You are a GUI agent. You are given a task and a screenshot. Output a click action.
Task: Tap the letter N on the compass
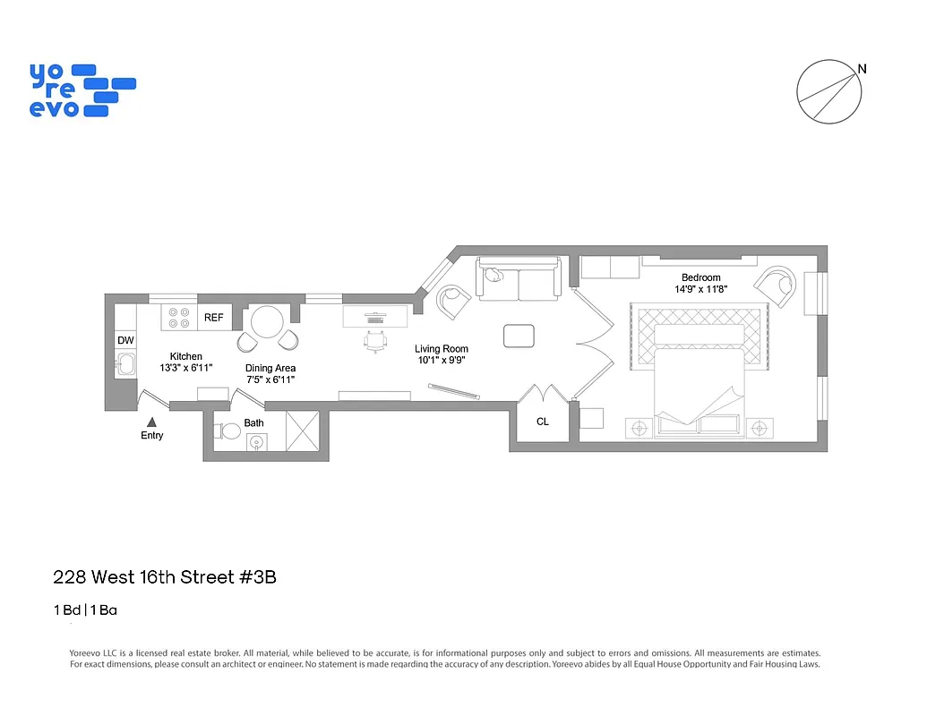pos(862,69)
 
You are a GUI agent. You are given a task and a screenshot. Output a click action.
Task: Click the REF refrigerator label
pos(213,318)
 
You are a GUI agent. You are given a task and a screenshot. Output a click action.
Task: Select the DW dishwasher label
pos(125,341)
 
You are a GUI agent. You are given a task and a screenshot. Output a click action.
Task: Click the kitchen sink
pos(125,365)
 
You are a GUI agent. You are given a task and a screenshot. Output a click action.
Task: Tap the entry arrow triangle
pos(152,421)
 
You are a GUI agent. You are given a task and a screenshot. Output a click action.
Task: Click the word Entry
pos(152,436)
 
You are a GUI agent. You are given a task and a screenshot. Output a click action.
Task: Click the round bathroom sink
pos(257,441)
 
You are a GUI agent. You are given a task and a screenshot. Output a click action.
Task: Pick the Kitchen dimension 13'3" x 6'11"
pos(186,367)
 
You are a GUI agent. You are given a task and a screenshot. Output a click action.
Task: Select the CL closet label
pos(543,422)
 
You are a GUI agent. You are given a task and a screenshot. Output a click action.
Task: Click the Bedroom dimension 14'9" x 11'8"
pos(700,289)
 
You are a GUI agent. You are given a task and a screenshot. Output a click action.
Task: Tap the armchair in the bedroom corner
pos(777,286)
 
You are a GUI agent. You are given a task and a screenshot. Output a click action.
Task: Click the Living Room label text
pos(441,349)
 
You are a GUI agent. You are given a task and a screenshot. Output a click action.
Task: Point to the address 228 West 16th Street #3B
pos(165,577)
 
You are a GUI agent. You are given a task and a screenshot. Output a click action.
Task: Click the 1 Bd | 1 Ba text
pos(86,611)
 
